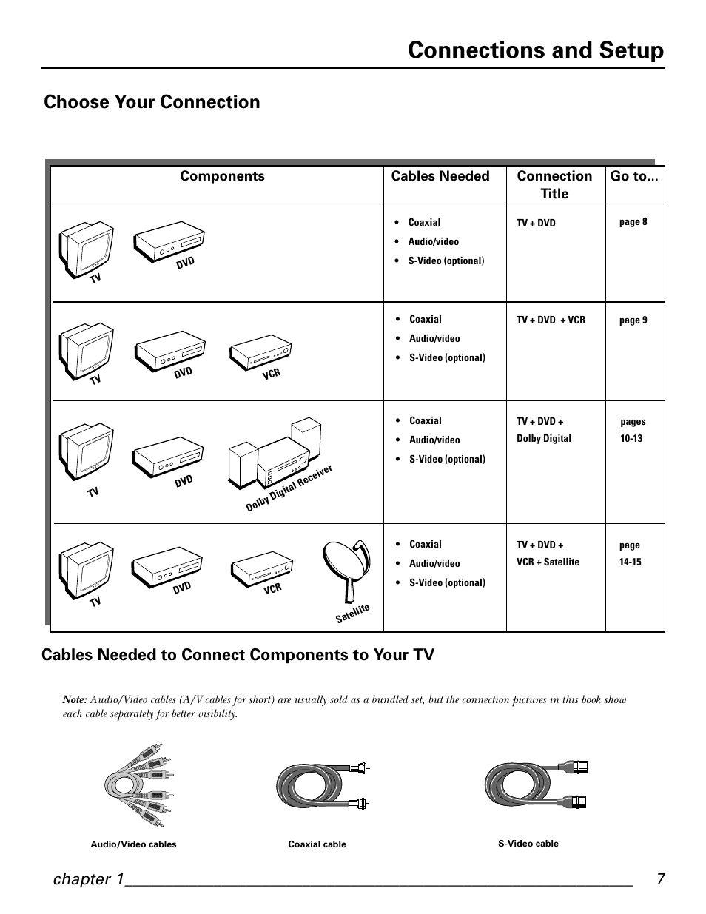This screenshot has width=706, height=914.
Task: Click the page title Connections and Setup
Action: pos(535,50)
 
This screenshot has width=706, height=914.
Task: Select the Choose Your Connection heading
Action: pos(152,102)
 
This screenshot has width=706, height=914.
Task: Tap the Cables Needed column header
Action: pos(440,176)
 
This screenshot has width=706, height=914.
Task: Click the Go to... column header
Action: pos(634,176)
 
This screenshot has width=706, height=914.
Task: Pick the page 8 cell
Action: pos(633,222)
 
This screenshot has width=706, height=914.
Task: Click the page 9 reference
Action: pos(633,320)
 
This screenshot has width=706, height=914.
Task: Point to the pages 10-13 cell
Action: pos(632,430)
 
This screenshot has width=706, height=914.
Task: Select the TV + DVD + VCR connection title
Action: pos(551,320)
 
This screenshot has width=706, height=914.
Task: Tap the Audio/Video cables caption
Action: pos(133,844)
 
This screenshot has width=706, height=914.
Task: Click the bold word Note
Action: pos(75,699)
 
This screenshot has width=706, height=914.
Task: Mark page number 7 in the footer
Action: pos(660,879)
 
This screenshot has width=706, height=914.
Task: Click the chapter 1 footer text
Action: pos(87,879)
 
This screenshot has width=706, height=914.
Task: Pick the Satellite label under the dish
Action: pos(352,614)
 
